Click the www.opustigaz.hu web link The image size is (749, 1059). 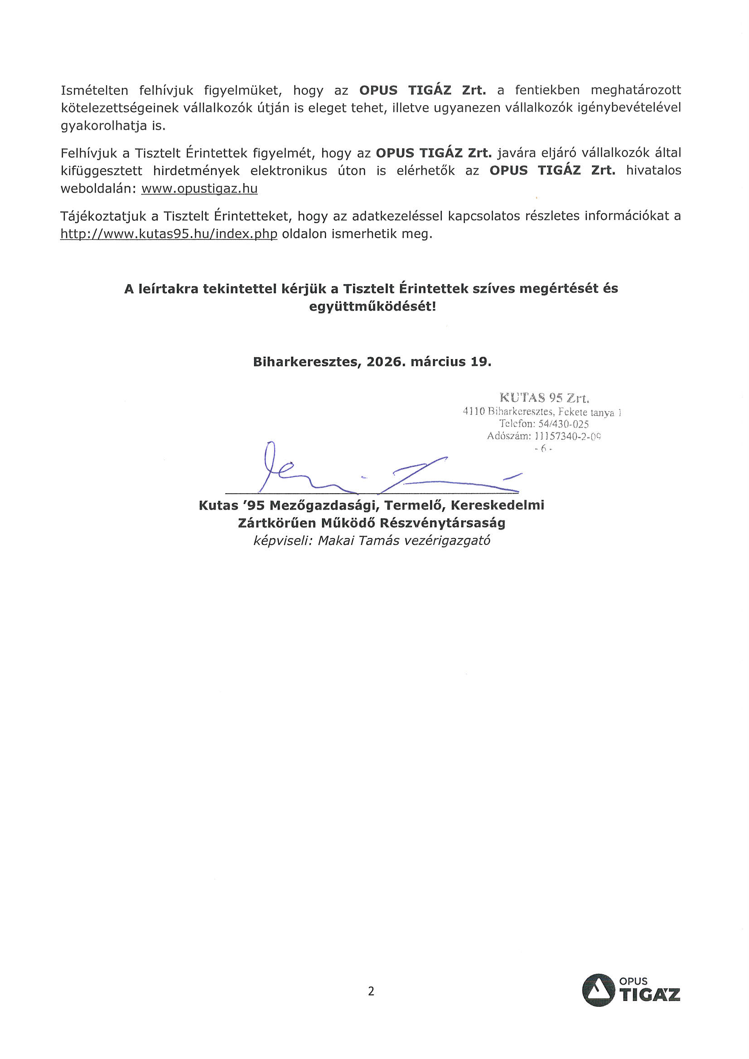(199, 189)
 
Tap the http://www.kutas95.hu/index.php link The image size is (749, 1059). (169, 234)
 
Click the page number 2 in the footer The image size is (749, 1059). (371, 991)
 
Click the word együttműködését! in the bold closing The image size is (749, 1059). (372, 306)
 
